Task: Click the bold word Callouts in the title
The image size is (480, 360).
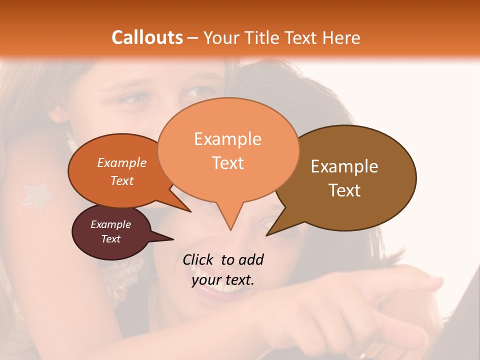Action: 147,37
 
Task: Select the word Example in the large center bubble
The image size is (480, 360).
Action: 227,139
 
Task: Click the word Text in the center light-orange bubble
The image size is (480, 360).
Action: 227,163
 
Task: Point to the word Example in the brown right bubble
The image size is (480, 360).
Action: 344,166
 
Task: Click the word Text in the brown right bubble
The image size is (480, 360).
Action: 344,190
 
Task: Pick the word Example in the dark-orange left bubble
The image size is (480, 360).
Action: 122,162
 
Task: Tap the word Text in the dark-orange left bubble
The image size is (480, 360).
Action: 122,180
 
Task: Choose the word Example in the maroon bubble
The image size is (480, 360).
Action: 110,224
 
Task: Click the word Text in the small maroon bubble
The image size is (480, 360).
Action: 110,239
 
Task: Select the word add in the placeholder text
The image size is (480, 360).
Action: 251,259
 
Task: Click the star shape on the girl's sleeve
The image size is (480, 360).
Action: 36,195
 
